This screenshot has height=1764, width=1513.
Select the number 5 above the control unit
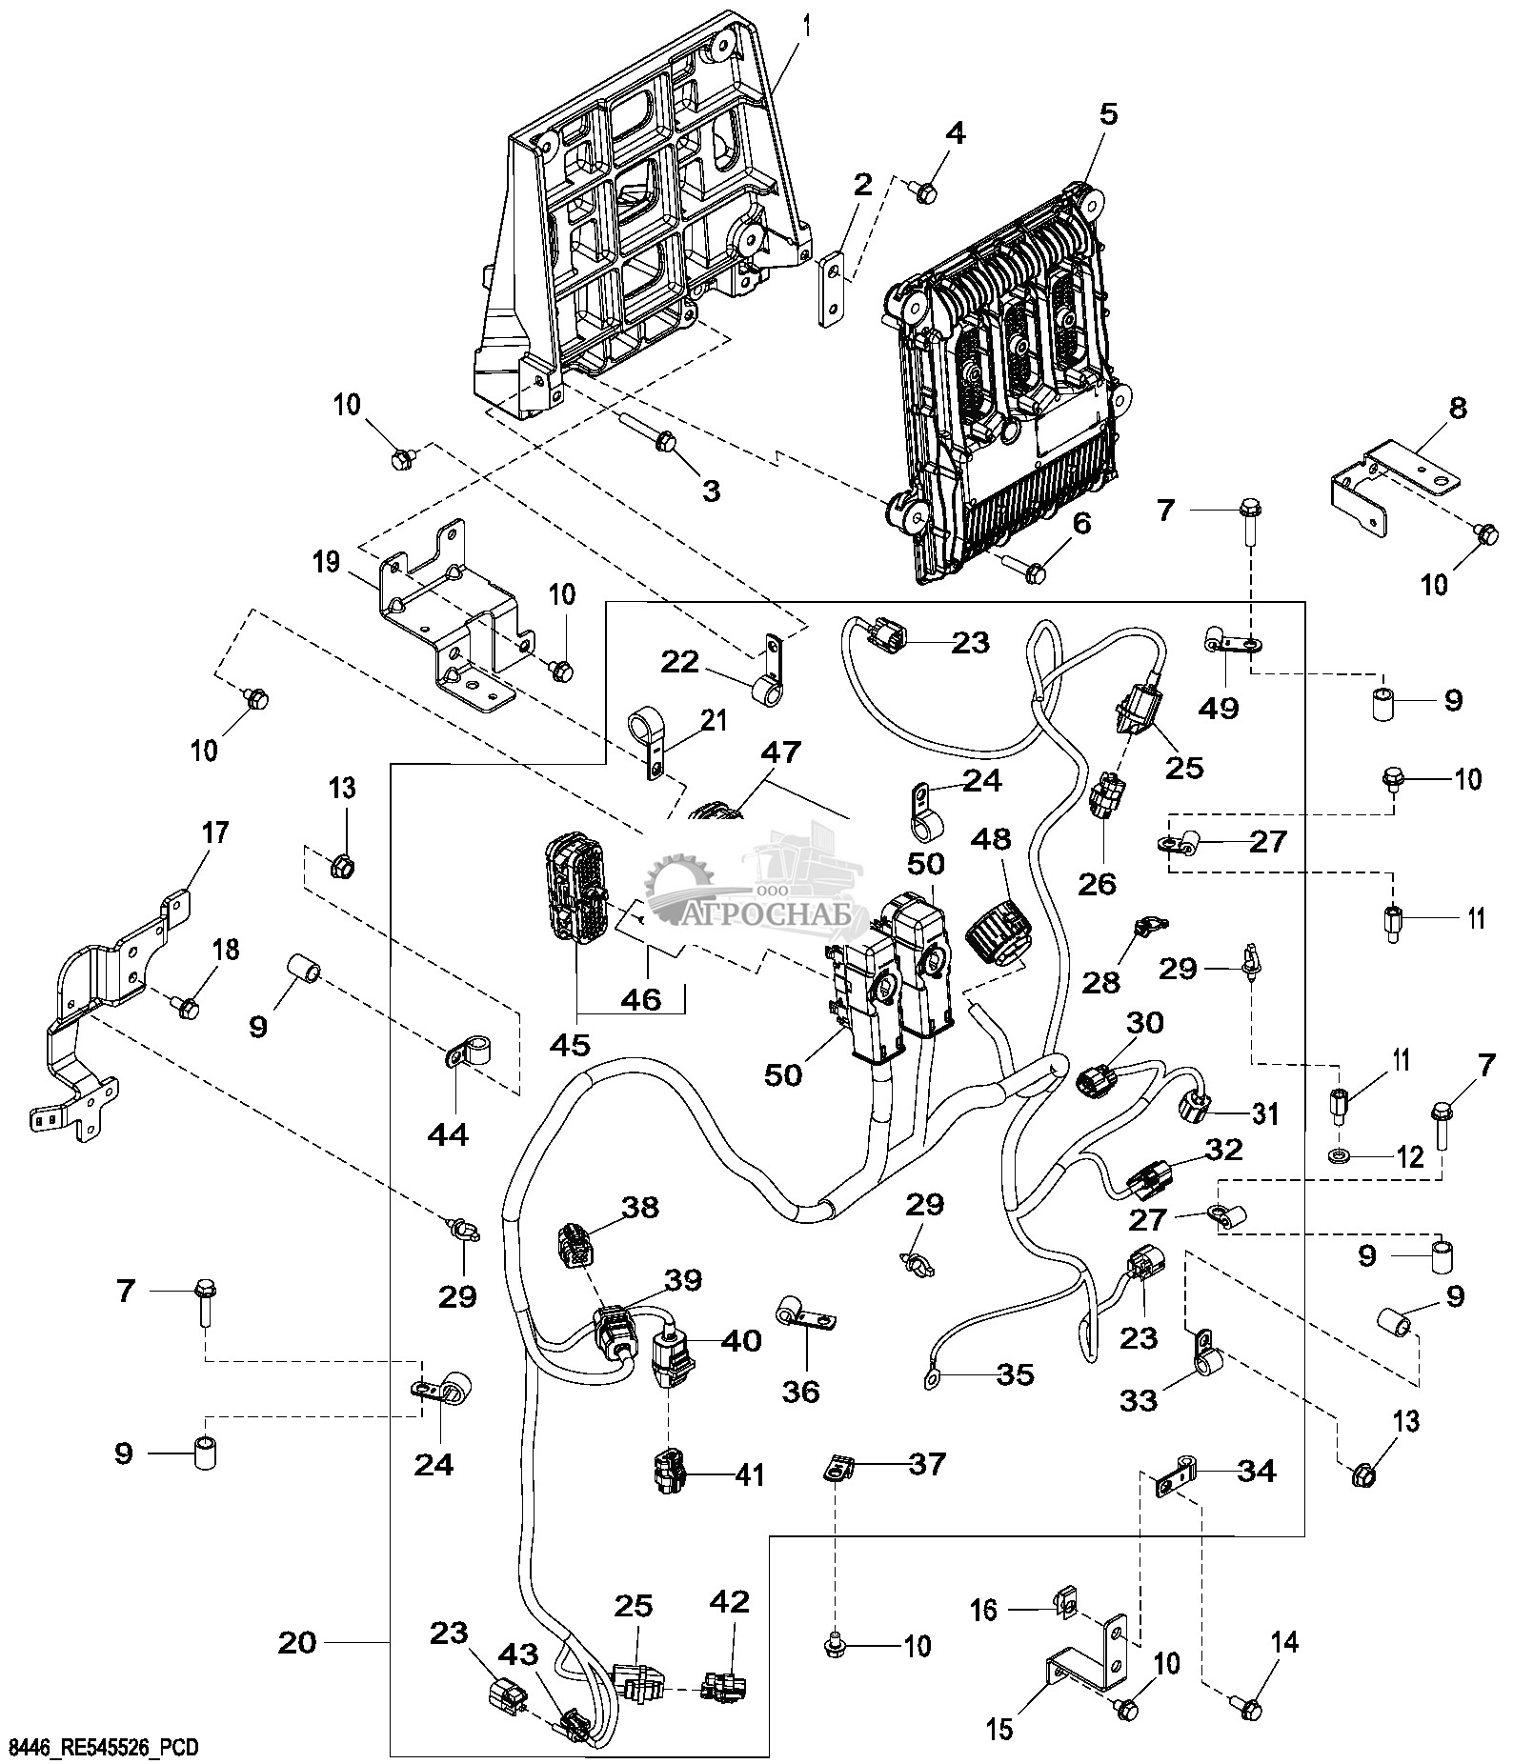(1108, 114)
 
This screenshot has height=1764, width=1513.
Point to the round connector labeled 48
(999, 932)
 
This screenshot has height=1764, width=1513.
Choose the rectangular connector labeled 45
(572, 888)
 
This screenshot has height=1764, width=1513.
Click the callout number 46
(640, 1000)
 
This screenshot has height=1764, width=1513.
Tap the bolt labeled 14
(1249, 1704)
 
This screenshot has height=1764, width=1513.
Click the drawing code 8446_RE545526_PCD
(103, 1747)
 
